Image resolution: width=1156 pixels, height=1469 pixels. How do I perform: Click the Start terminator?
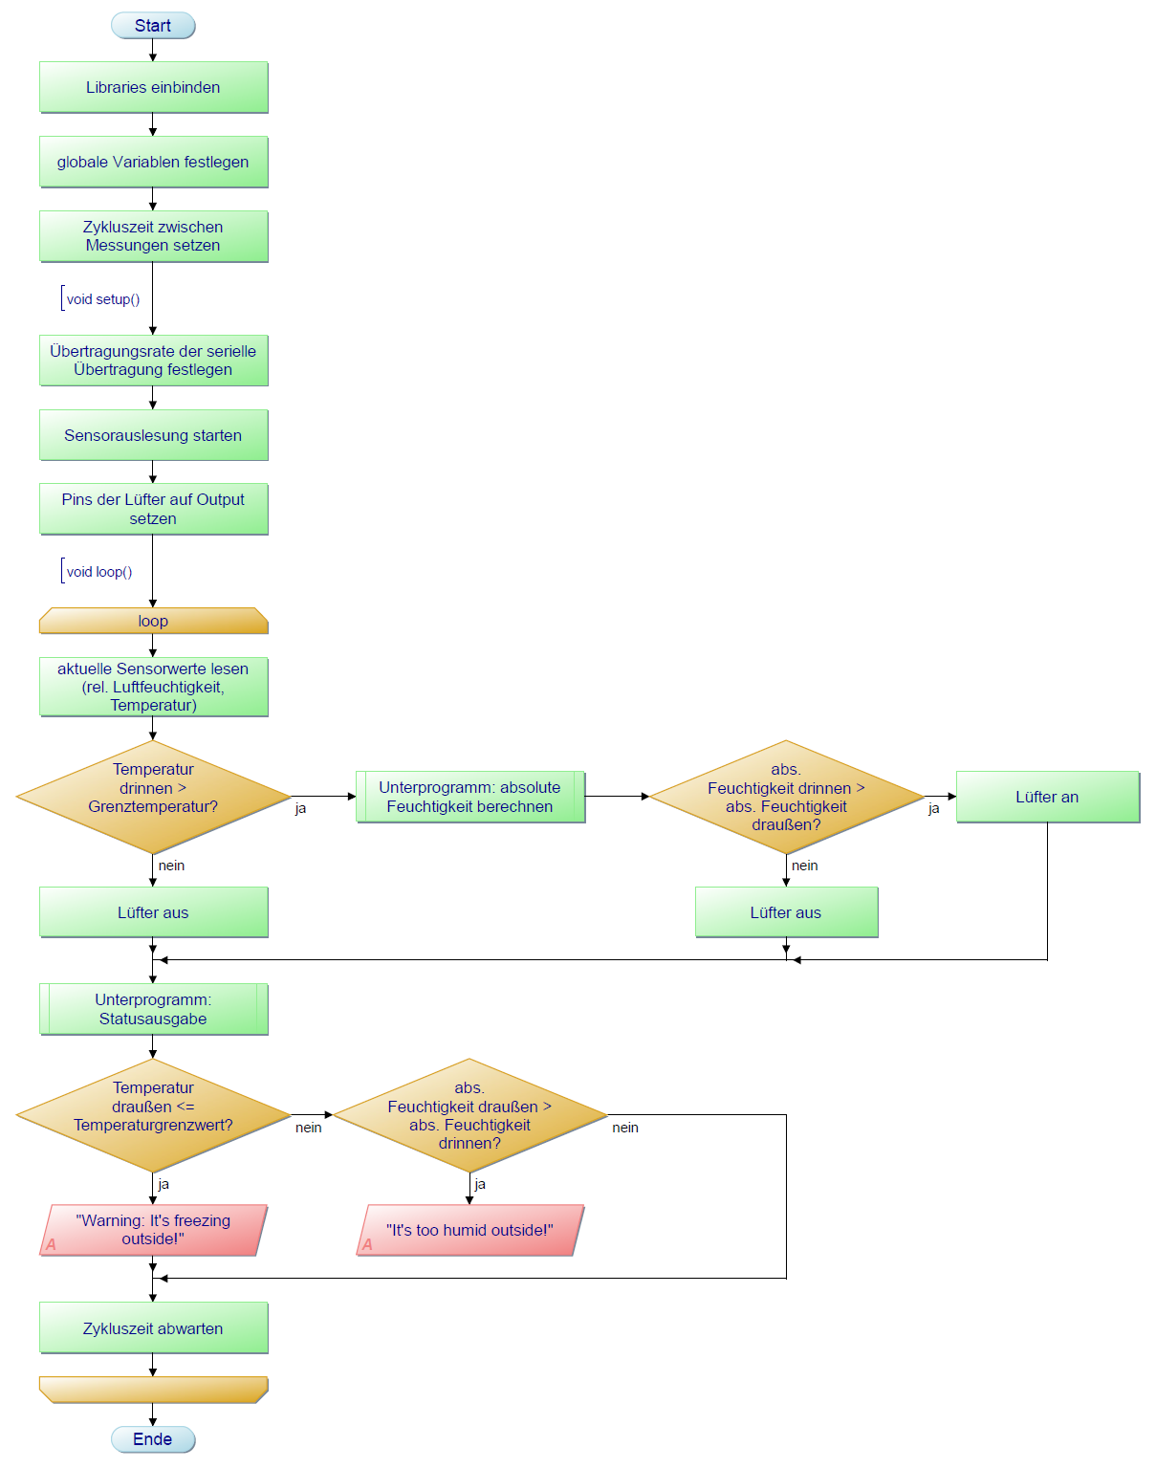(153, 26)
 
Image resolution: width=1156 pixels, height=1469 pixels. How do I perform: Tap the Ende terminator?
(153, 1439)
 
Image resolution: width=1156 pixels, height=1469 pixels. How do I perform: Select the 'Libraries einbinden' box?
(153, 87)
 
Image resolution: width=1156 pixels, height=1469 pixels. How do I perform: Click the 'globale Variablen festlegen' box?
(153, 162)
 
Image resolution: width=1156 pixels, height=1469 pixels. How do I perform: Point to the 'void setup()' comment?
(102, 299)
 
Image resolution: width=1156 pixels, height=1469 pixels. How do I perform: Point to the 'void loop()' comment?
(98, 572)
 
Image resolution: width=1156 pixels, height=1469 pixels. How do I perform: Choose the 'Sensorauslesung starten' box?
(153, 435)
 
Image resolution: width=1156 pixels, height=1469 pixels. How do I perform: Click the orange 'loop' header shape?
(153, 621)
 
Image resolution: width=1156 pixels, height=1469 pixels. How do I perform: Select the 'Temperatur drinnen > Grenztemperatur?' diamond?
(153, 797)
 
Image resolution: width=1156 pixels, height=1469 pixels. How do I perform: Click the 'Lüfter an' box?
(1047, 797)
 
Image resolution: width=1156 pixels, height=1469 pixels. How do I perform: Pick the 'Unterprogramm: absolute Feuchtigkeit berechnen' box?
(469, 797)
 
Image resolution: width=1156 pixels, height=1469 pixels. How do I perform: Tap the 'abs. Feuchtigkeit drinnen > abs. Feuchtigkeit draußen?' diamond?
(786, 797)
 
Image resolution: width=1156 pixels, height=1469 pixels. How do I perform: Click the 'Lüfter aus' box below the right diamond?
(786, 912)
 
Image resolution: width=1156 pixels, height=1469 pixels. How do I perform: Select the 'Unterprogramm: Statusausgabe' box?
(153, 1009)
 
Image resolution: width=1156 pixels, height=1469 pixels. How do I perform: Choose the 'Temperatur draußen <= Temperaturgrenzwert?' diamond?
(153, 1115)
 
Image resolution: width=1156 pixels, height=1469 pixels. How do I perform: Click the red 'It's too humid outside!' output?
(469, 1230)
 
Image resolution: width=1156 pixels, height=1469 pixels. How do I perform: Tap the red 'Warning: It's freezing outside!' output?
(153, 1230)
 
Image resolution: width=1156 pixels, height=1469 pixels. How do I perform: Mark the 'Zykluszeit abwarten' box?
(153, 1328)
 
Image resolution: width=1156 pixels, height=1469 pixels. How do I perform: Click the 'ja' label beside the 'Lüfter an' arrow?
(934, 808)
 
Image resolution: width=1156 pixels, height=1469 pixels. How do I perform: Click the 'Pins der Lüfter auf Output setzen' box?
(153, 509)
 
